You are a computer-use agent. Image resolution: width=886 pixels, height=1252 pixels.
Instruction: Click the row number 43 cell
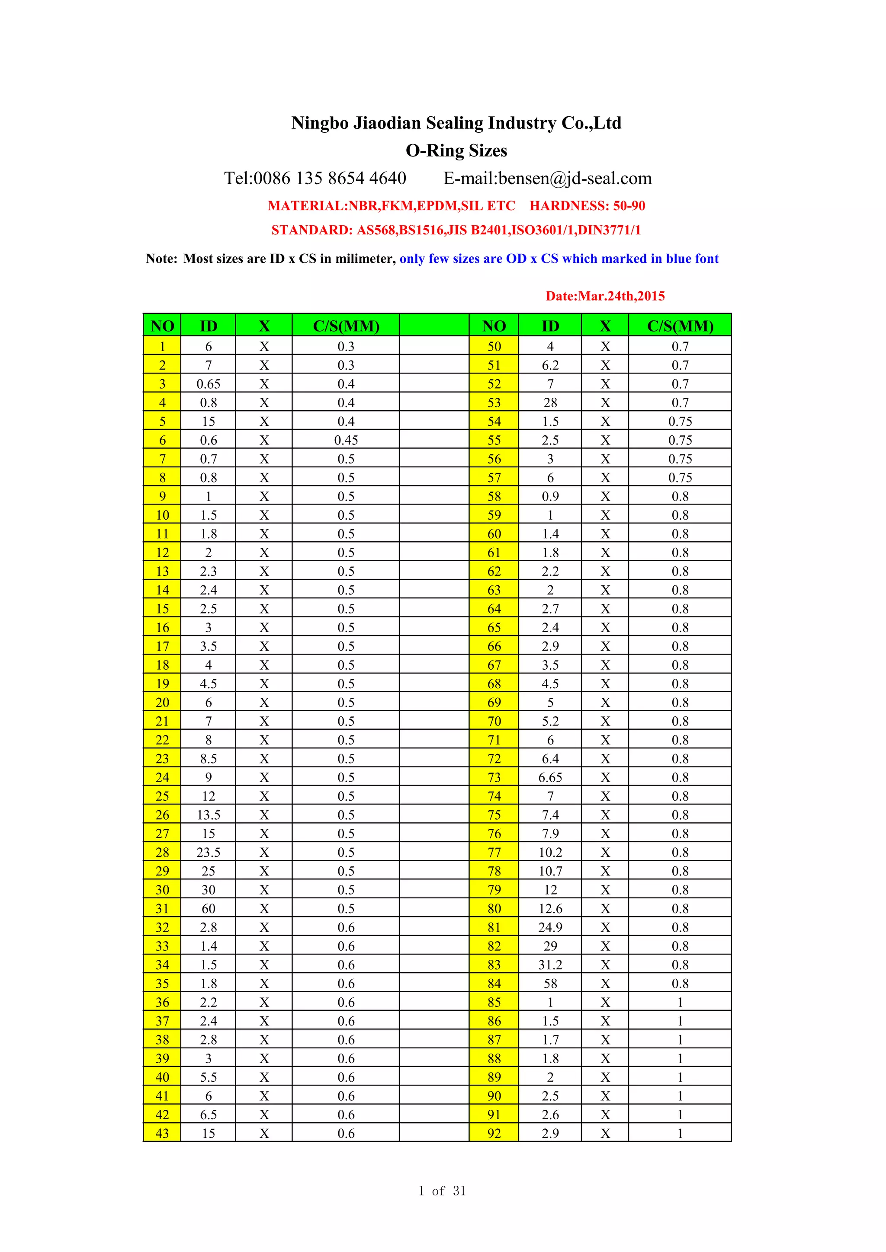162,1133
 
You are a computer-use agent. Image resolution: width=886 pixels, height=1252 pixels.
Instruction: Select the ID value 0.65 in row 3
209,384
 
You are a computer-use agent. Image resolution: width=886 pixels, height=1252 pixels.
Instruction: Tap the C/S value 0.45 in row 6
346,440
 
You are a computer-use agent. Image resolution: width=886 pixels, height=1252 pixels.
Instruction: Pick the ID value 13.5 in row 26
209,814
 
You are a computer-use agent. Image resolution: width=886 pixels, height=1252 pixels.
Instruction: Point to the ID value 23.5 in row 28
209,852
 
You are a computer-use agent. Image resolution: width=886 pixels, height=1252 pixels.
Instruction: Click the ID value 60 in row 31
209,908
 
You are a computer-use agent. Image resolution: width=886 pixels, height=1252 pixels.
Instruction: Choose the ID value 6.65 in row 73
550,778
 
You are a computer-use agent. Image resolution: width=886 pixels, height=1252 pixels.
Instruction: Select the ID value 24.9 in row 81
550,927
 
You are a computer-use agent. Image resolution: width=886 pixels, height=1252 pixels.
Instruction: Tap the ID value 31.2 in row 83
550,965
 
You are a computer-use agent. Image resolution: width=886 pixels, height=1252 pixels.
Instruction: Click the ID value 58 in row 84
550,983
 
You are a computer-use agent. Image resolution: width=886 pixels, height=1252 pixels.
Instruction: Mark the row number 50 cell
494,346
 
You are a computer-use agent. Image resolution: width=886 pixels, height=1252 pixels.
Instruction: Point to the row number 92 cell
494,1133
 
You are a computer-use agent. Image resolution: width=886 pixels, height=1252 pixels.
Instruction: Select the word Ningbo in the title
320,123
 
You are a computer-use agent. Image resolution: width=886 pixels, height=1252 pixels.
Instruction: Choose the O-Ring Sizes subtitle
456,150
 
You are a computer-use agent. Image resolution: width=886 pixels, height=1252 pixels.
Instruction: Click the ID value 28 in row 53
550,402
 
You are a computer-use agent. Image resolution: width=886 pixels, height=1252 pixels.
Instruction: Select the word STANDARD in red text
311,230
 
